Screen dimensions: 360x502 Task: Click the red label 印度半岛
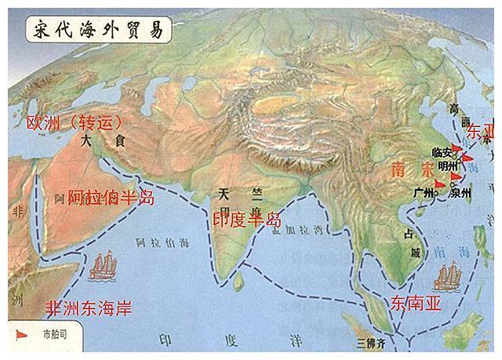pyautogui.click(x=246, y=220)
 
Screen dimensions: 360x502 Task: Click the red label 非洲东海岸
pyautogui.click(x=87, y=307)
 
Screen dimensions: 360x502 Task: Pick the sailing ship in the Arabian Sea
pyautogui.click(x=103, y=267)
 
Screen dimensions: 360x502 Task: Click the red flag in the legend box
pyautogui.click(x=23, y=335)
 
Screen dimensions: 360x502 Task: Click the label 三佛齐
pyautogui.click(x=373, y=343)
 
